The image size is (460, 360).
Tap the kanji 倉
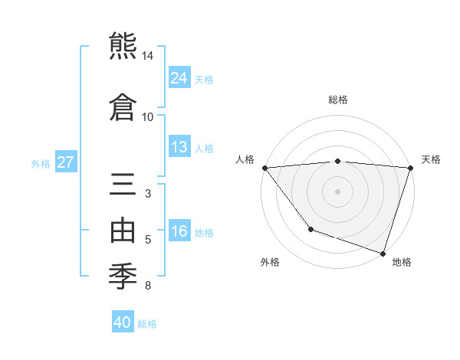[x=124, y=106]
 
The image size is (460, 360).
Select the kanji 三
[x=124, y=186]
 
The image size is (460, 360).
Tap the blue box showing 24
[x=179, y=78]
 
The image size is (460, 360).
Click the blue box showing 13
[x=179, y=147]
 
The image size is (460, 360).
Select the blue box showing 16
[x=179, y=231]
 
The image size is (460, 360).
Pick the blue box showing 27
[x=66, y=162]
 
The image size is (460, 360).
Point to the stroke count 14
[x=148, y=57]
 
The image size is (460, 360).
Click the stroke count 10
[x=148, y=116]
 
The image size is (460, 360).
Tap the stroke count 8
[x=148, y=286]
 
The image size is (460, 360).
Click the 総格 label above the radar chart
[x=338, y=100]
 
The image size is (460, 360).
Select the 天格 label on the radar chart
[x=431, y=159]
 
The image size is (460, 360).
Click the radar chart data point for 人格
[x=264, y=167]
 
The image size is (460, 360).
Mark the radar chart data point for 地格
[x=383, y=253]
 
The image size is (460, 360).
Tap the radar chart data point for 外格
[x=310, y=228]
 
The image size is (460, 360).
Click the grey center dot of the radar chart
[x=337, y=191]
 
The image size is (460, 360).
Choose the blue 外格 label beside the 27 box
[x=41, y=163]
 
